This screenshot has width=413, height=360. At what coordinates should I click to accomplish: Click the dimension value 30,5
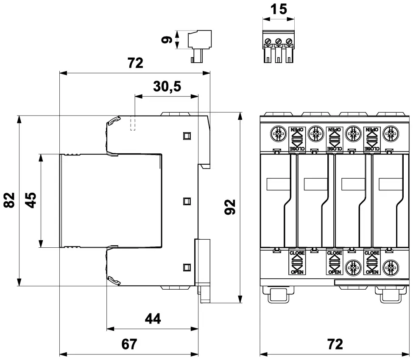167,87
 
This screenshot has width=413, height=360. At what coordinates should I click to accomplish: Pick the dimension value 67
130,344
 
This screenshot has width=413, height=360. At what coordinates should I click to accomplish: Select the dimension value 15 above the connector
278,9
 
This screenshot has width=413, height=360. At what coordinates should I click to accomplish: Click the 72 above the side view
135,63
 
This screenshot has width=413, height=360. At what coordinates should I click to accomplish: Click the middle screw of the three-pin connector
278,42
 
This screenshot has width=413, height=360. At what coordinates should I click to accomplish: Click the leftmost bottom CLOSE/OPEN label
297,263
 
